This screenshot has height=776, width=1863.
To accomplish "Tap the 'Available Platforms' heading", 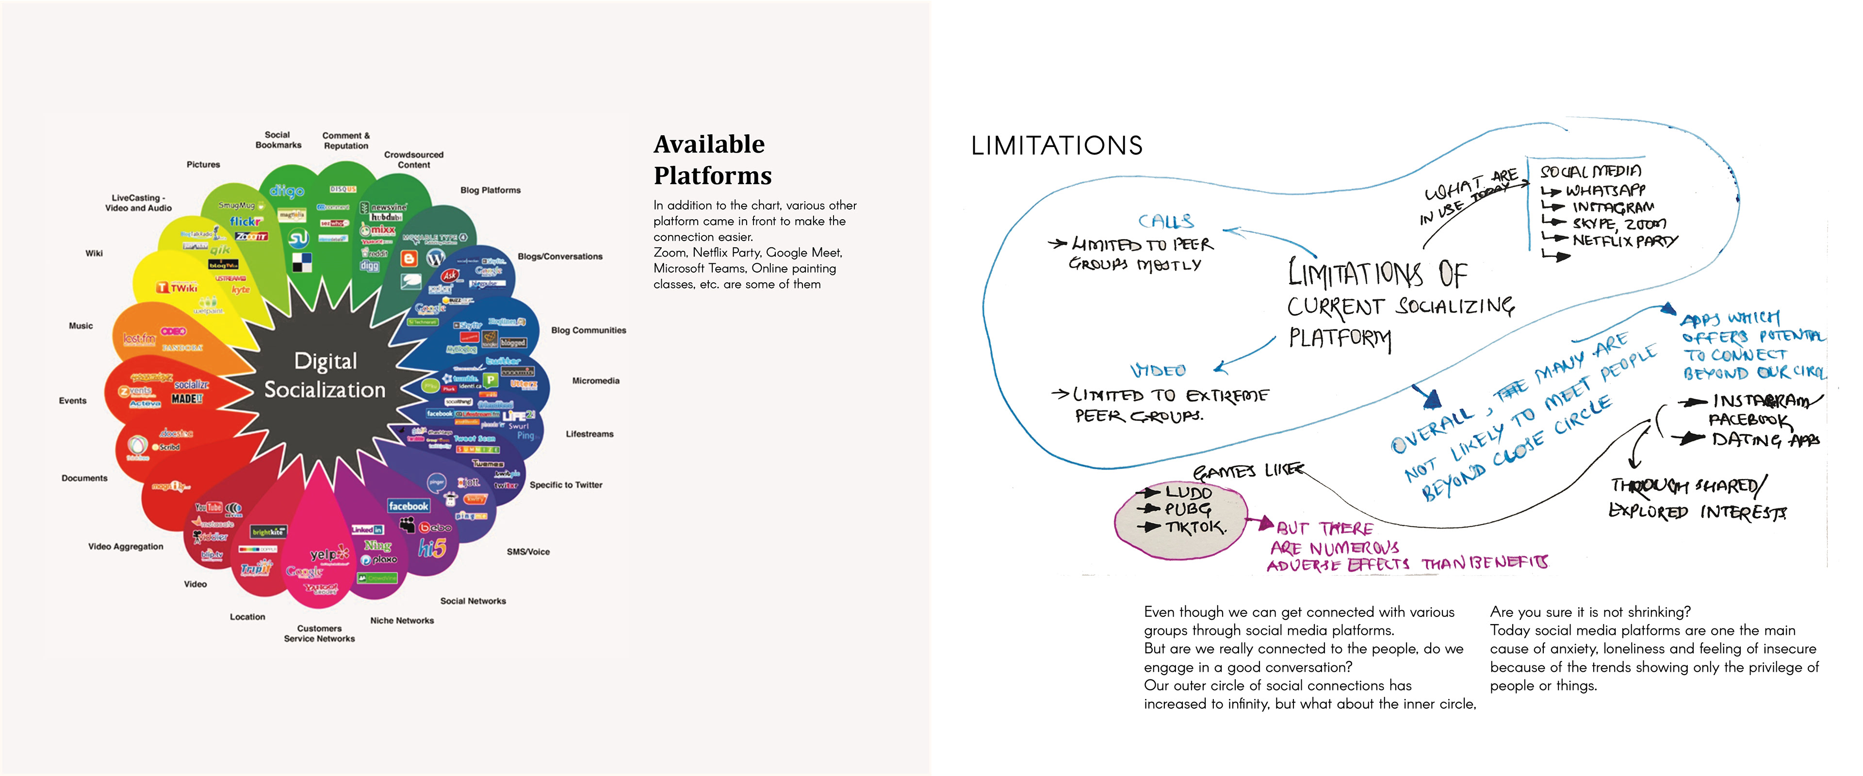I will (x=712, y=160).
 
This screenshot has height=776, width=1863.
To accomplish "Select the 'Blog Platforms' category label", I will (x=490, y=190).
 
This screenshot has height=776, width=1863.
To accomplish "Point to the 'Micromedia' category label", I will (x=595, y=380).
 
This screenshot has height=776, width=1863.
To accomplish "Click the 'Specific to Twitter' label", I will (x=566, y=485).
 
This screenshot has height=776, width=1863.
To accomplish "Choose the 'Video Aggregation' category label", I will (x=126, y=546).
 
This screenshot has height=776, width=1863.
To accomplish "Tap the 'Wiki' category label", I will (x=94, y=253).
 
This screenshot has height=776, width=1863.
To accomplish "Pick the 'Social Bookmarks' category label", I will (x=278, y=140).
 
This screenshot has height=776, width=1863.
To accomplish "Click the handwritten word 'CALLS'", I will (x=1165, y=221).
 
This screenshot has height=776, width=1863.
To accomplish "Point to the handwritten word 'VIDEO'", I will (x=1158, y=370).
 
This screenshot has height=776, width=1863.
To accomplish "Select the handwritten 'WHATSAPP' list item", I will (x=1605, y=190).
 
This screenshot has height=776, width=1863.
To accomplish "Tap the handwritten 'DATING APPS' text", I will (x=1765, y=439).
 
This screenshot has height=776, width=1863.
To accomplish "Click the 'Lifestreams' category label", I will (x=589, y=434).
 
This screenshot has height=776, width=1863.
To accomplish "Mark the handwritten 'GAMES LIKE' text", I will (x=1247, y=471).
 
